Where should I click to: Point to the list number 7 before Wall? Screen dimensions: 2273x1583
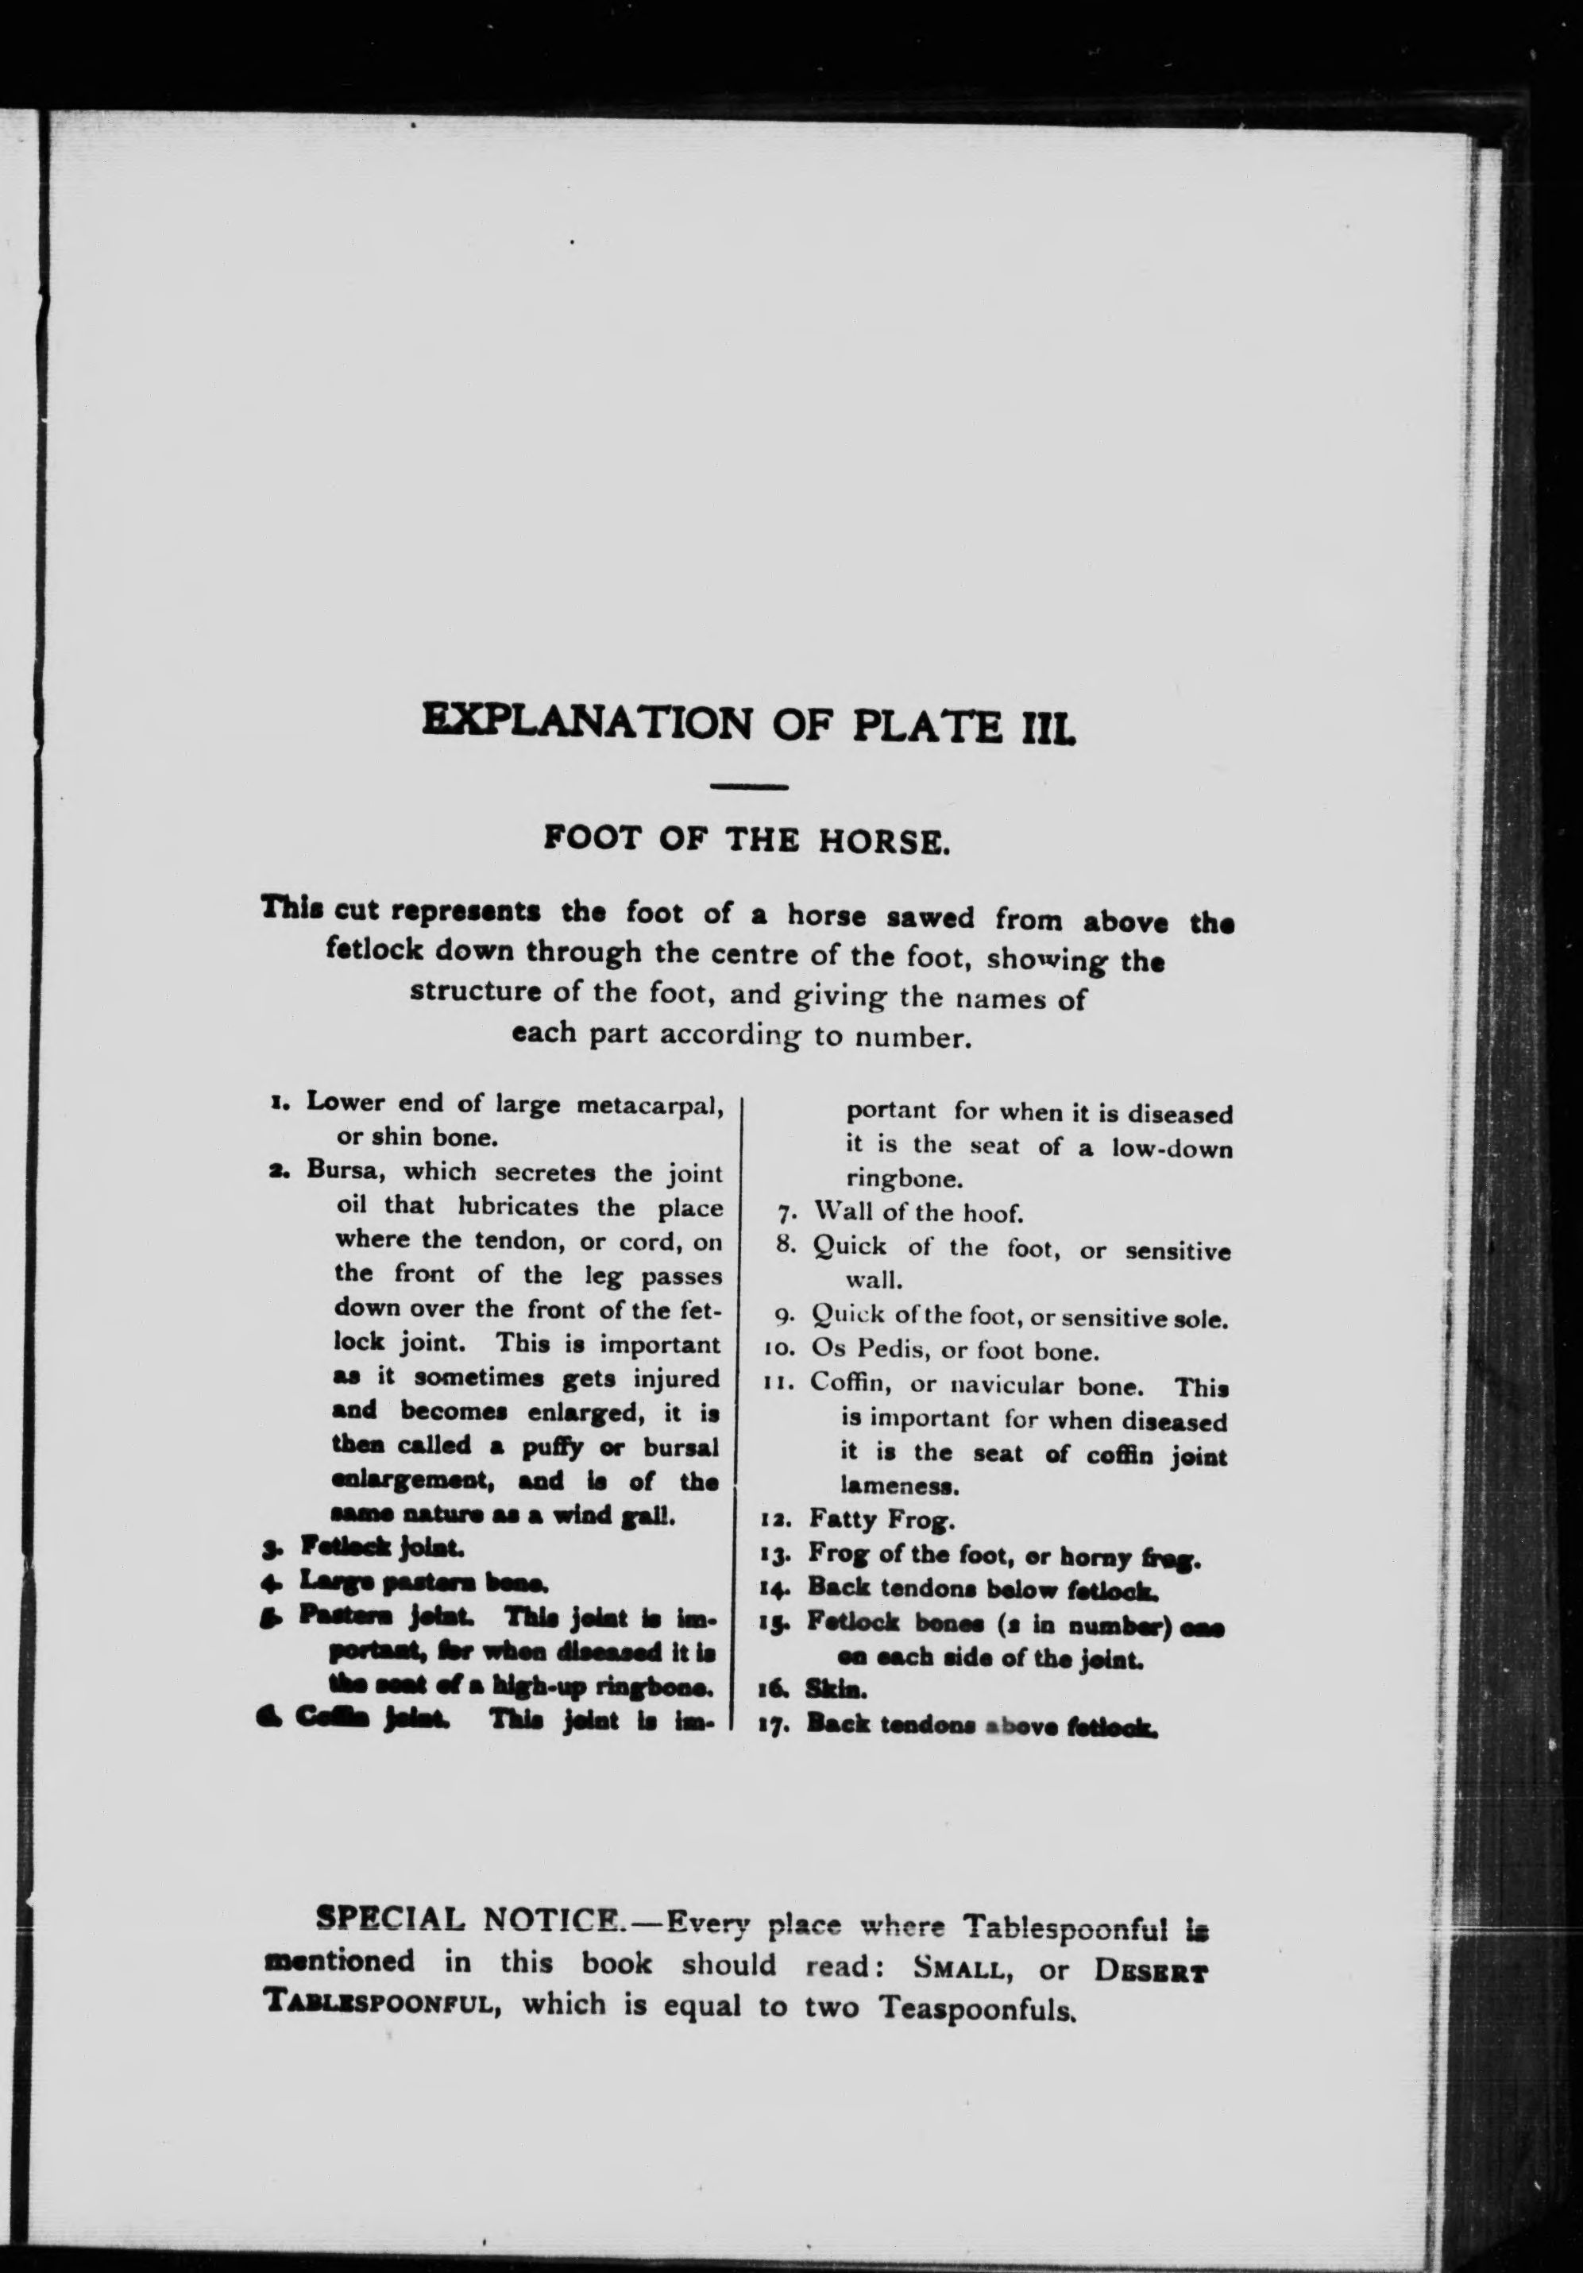783,1214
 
